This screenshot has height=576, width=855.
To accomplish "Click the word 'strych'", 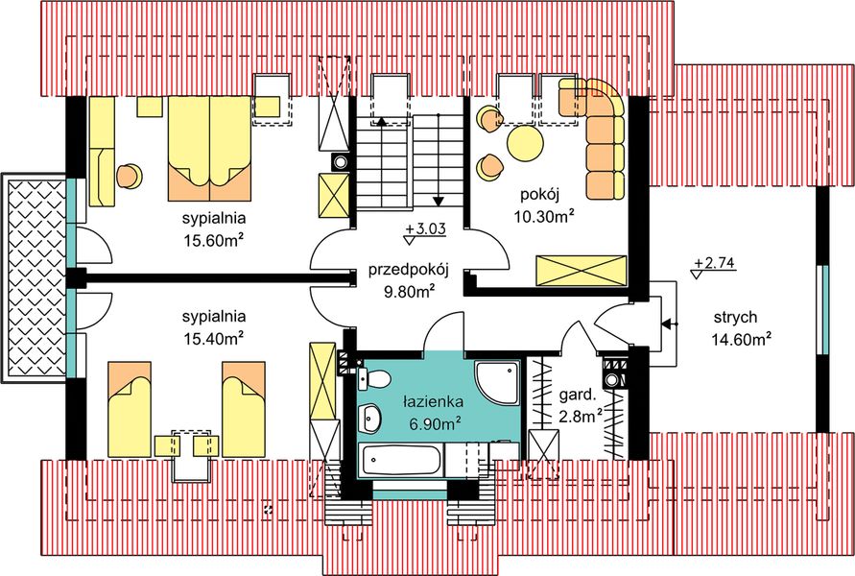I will [736, 318].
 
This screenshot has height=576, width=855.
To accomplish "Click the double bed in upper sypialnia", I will [209, 144].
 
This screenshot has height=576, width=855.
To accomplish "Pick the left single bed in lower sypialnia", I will [130, 409].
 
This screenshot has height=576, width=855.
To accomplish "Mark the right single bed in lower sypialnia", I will [244, 409].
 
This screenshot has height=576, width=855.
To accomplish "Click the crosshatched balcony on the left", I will [33, 279].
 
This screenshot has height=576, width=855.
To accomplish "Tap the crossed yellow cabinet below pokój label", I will [581, 269].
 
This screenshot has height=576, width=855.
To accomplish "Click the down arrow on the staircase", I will [439, 200].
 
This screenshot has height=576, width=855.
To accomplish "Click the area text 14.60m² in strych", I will [742, 339].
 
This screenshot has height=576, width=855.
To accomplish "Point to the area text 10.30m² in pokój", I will [544, 217].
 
